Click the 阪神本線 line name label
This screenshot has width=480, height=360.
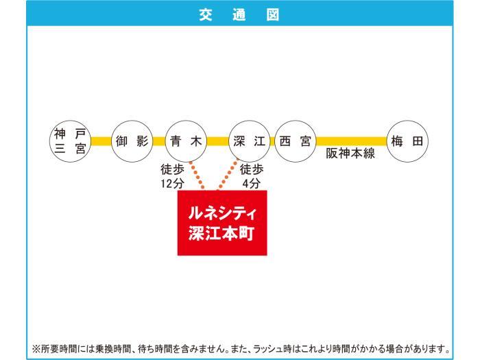pos(350,154)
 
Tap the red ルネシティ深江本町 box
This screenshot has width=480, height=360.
pos(222,223)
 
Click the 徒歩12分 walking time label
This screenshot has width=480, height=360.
pos(172,176)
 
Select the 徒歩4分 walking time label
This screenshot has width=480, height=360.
pos(252,176)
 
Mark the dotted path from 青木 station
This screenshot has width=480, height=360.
pos(197,175)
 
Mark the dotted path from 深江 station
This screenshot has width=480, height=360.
pos(228,174)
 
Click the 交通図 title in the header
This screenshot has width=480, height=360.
pos(239,14)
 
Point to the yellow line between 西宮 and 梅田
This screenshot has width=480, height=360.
pos(351,141)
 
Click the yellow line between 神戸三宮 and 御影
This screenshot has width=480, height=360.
pos(101,141)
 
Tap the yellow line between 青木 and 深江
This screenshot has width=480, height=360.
pos(217,141)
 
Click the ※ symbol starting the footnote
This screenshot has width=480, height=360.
pos(36,348)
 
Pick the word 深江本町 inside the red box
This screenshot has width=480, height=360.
pos(221,234)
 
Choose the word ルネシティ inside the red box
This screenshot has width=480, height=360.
pos(222,213)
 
